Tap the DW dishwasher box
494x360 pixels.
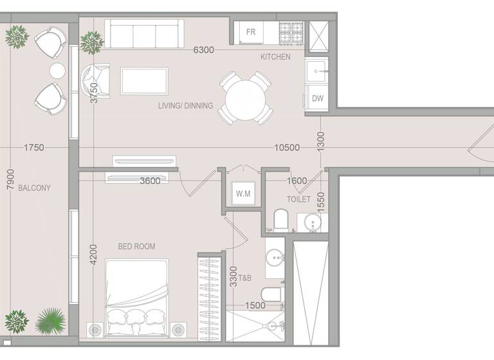(x=317, y=98)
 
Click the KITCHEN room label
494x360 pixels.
(x=275, y=57)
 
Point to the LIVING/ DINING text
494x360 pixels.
(x=185, y=105)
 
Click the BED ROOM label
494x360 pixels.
(x=136, y=246)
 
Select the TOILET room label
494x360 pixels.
(x=298, y=199)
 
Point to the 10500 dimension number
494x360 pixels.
(x=287, y=148)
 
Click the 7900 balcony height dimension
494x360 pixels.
(x=9, y=179)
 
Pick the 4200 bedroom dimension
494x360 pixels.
(x=93, y=255)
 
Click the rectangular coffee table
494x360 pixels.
(x=144, y=81)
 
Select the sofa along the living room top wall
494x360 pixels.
(x=143, y=33)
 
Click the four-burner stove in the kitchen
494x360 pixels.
(x=290, y=30)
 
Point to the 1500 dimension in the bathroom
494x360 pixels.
(x=255, y=306)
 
